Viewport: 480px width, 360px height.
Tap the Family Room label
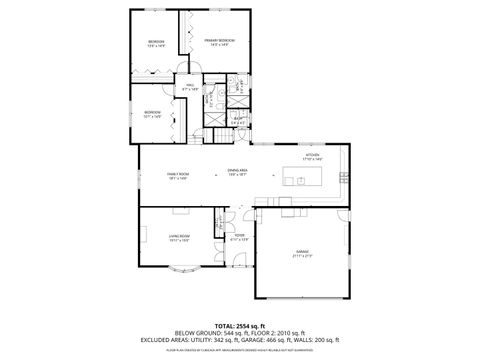pyautogui.click(x=178, y=176)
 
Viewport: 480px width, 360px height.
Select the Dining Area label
pyautogui.click(x=237, y=174)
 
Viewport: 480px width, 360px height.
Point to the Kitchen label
pyautogui.click(x=312, y=157)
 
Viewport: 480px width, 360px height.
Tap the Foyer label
pyautogui.click(x=240, y=238)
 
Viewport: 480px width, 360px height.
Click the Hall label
pyautogui.click(x=189, y=88)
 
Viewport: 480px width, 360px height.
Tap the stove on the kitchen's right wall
pyautogui.click(x=347, y=176)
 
